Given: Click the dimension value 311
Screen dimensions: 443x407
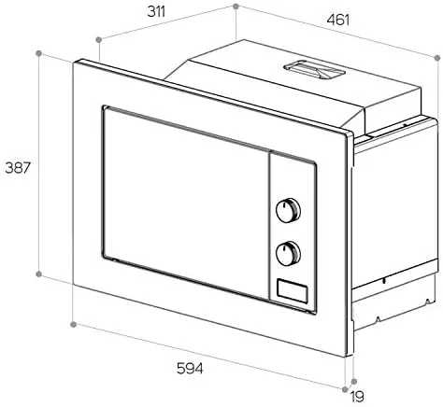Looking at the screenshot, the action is click(156, 12).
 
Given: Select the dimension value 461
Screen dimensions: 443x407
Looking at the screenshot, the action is click(338, 21).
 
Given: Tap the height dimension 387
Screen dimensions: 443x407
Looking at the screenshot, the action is click(18, 168).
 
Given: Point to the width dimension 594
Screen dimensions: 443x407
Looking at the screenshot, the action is click(190, 369).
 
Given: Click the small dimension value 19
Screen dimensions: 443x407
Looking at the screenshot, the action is click(357, 397).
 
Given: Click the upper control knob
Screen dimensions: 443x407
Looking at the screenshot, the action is click(288, 210).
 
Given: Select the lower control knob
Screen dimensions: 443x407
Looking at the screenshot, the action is click(288, 253).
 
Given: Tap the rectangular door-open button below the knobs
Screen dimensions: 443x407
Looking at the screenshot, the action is click(293, 291).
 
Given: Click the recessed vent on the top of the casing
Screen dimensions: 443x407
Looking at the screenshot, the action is click(315, 70).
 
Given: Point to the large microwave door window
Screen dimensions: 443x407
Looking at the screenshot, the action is click(186, 203).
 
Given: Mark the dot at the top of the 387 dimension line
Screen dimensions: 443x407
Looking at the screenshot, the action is click(39, 53).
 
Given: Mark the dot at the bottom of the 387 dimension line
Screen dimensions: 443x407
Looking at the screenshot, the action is click(38, 274).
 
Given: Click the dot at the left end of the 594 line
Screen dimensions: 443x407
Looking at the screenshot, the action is click(73, 325).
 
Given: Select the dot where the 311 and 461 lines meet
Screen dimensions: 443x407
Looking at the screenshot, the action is click(236, 6).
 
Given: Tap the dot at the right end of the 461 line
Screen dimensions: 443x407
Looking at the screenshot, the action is click(437, 58).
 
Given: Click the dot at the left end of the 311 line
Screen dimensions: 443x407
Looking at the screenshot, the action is click(99, 39).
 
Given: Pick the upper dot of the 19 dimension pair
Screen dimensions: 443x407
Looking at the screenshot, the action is click(353, 381).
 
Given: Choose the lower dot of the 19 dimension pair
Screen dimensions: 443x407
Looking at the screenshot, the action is click(345, 389).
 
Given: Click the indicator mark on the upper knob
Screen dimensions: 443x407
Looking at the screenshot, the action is click(284, 205).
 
